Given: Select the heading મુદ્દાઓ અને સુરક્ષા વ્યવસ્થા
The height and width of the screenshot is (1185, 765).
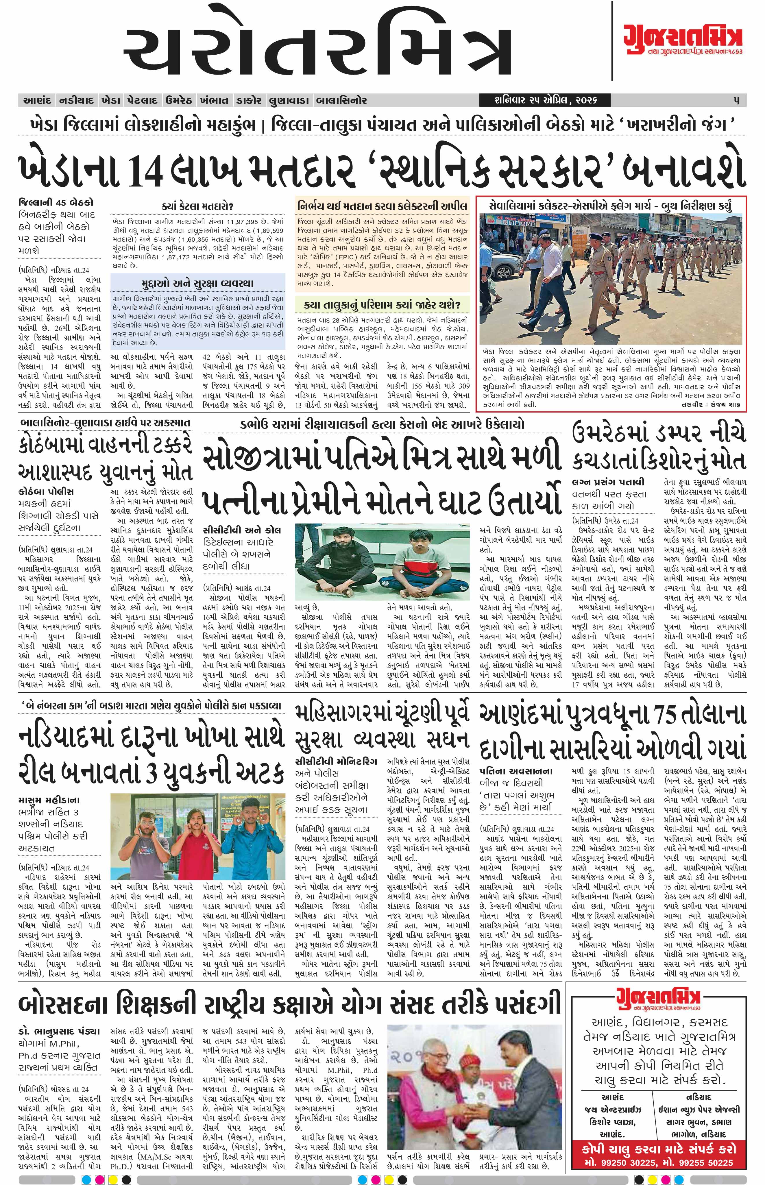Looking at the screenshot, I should pos(197,283).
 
